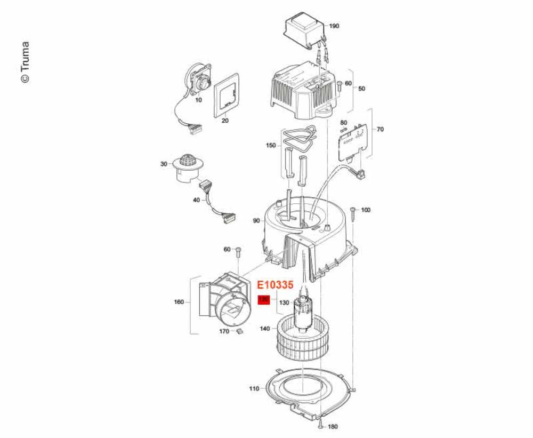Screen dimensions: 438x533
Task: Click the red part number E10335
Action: [x=276, y=286]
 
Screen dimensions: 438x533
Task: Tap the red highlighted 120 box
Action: [x=263, y=300]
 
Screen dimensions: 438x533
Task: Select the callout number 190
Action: [x=334, y=26]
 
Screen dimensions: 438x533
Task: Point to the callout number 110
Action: [x=255, y=388]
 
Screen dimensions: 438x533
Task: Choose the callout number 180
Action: [x=333, y=426]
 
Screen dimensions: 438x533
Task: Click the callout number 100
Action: [x=365, y=210]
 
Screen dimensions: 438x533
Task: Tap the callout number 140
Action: [x=264, y=329]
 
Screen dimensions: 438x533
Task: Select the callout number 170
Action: [x=224, y=331]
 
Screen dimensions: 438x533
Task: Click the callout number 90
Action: [x=256, y=220]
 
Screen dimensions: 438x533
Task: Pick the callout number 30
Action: [x=164, y=164]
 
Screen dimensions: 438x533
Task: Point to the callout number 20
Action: [x=225, y=121]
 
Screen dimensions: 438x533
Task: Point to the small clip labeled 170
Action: [x=239, y=331]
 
